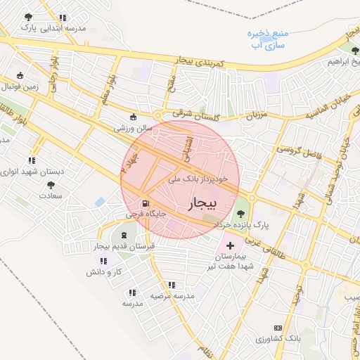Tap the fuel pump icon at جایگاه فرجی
(x=146, y=202)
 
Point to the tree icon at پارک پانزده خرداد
(x=240, y=213)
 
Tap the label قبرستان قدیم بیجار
(x=124, y=246)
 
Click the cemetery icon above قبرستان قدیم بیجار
(x=124, y=235)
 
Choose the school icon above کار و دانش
(x=104, y=261)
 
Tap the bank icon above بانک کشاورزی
(x=277, y=328)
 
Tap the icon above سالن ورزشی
(x=134, y=117)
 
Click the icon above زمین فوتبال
(x=20, y=75)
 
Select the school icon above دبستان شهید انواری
(x=31, y=160)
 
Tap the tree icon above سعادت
(x=51, y=184)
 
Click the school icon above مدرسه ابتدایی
(x=64, y=17)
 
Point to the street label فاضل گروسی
(x=296, y=150)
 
